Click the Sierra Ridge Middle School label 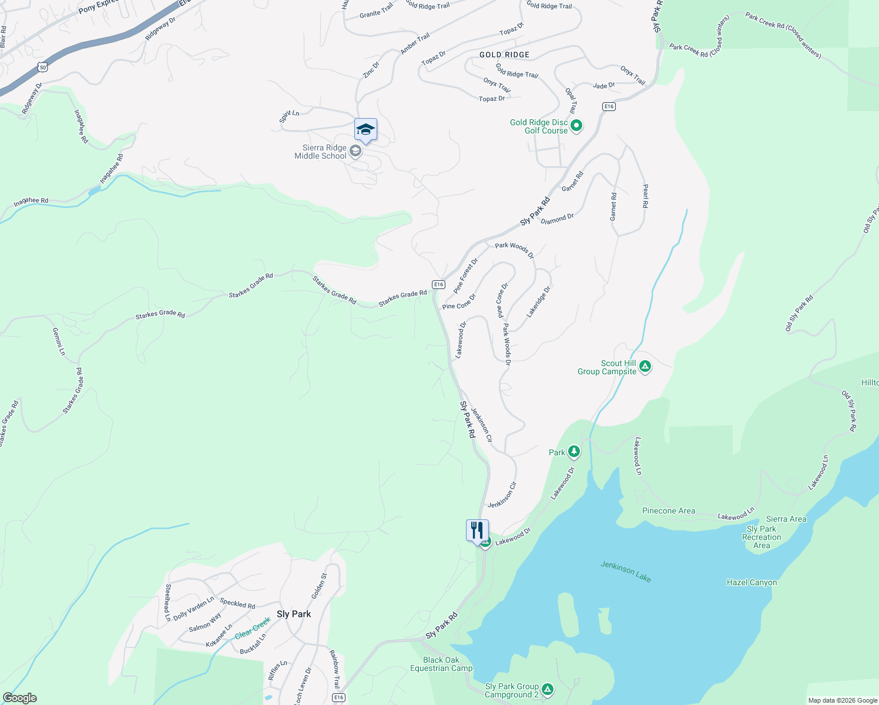tap(321, 152)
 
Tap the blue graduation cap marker tap(365, 129)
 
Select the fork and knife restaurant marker tap(477, 530)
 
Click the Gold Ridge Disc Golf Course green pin tap(576, 126)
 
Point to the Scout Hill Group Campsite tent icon tap(645, 367)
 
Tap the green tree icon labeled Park tap(574, 452)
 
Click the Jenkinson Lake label tap(626, 571)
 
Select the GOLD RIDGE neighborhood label tap(504, 55)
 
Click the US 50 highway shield tap(42, 68)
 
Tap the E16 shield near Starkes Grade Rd tap(438, 284)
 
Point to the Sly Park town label tap(294, 614)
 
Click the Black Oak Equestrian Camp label tap(441, 664)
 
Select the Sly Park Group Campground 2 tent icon tap(547, 689)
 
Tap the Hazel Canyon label tap(751, 582)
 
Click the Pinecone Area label tap(668, 511)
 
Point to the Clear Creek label tap(253, 628)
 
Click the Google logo tap(20, 697)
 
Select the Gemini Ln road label tap(59, 342)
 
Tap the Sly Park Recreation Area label tap(761, 537)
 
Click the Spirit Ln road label tap(289, 116)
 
